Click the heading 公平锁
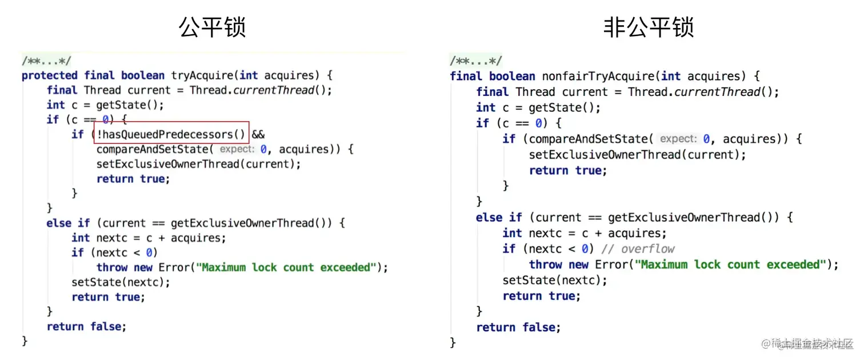[x=213, y=27]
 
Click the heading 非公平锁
[x=649, y=27]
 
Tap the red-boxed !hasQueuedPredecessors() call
[x=171, y=134]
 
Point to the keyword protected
[x=50, y=75]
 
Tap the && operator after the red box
[x=258, y=134]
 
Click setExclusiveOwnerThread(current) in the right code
[x=637, y=155]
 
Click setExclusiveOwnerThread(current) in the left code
[x=198, y=164]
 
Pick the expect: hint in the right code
[x=678, y=139]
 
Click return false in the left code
[x=86, y=326]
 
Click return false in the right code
[x=518, y=327]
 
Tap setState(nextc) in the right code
[x=555, y=281]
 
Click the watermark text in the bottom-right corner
[x=811, y=344]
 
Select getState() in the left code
[x=138, y=105]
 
